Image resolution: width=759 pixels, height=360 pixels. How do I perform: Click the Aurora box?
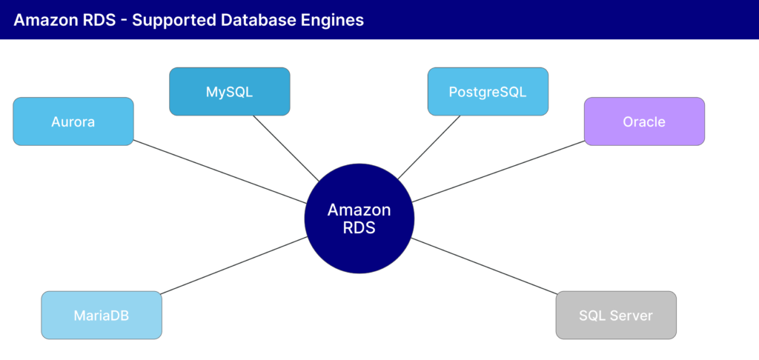73,121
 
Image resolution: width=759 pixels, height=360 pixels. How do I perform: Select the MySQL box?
229,92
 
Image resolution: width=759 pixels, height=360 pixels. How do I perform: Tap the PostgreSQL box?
488,92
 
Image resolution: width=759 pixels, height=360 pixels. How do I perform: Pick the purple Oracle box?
644,121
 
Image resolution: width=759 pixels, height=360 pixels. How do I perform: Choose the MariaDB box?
101,316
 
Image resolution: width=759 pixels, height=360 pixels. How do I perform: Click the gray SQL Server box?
616,316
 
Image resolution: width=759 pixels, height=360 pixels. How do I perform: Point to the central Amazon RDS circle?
359,219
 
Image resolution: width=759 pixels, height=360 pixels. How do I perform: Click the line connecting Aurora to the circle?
222,173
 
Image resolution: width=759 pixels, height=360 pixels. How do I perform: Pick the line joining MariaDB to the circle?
233,265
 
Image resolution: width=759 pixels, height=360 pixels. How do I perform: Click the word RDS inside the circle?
359,228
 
